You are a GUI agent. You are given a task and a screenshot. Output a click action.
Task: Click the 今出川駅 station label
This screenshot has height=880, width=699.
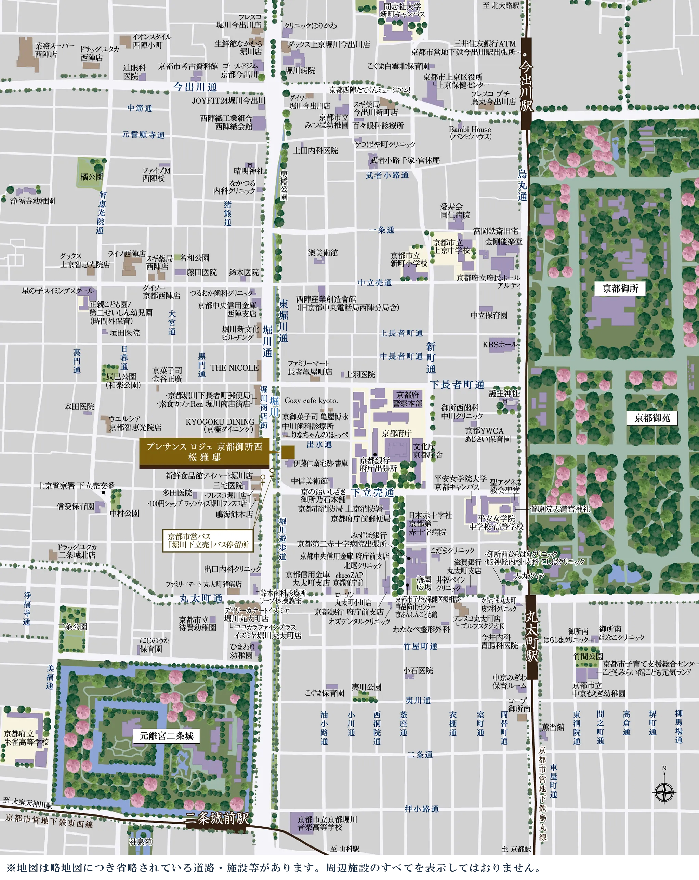[527, 86]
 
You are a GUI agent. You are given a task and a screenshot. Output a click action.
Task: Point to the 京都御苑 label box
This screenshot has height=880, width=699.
[652, 417]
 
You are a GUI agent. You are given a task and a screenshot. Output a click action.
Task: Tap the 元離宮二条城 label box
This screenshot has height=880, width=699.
[167, 736]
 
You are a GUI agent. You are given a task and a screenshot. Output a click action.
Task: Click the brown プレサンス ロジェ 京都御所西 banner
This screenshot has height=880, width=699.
[204, 452]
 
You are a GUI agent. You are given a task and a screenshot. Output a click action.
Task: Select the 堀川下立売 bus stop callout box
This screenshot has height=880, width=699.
[208, 541]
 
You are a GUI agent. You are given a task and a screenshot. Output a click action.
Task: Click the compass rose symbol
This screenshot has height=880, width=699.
[664, 793]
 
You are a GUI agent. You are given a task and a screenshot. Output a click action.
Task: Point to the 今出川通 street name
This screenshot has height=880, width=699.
[195, 87]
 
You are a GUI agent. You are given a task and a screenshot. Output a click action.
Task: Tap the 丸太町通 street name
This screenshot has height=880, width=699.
[201, 598]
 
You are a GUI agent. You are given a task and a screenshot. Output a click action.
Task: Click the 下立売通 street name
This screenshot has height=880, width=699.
[373, 492]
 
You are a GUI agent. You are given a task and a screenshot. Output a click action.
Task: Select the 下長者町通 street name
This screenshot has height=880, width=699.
[457, 385]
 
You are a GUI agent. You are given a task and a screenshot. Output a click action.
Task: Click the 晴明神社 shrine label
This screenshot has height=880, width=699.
[249, 171]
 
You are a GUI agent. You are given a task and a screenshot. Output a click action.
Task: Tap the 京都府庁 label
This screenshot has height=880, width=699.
[397, 433]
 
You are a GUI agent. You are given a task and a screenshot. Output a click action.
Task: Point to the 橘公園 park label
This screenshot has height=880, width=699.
[91, 177]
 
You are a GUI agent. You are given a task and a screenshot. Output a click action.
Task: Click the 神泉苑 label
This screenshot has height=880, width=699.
[141, 842]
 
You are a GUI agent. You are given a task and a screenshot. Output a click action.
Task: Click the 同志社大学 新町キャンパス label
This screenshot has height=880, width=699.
[402, 10]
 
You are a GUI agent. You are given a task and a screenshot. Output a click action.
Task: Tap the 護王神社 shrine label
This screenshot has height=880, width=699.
[504, 394]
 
